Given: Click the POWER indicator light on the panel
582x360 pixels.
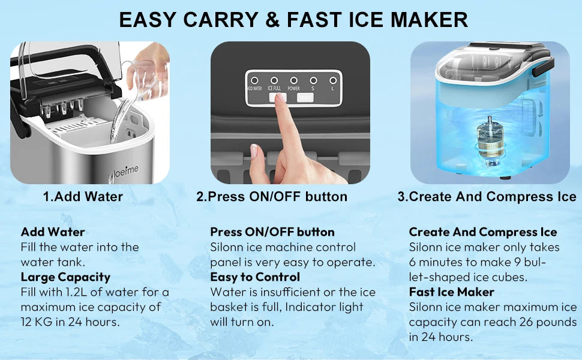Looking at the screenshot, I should tap(294, 80).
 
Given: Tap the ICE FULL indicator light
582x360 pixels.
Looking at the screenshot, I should tap(274, 80).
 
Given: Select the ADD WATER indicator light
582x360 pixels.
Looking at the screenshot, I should tap(254, 80).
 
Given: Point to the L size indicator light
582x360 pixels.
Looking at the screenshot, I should tap(332, 80).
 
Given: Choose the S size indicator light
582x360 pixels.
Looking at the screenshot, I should tap(313, 80).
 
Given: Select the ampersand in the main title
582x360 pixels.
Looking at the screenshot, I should tap(272, 19).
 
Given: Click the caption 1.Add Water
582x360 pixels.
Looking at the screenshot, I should tap(83, 197).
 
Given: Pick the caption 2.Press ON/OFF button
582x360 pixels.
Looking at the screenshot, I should tap(272, 197).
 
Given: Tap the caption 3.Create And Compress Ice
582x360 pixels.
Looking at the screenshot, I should tap(487, 197).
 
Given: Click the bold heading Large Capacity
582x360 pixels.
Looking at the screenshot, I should tap(65, 277).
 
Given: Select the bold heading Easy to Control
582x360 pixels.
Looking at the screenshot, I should tap(255, 277).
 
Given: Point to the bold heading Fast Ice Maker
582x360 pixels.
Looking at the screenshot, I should tap(451, 292).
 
